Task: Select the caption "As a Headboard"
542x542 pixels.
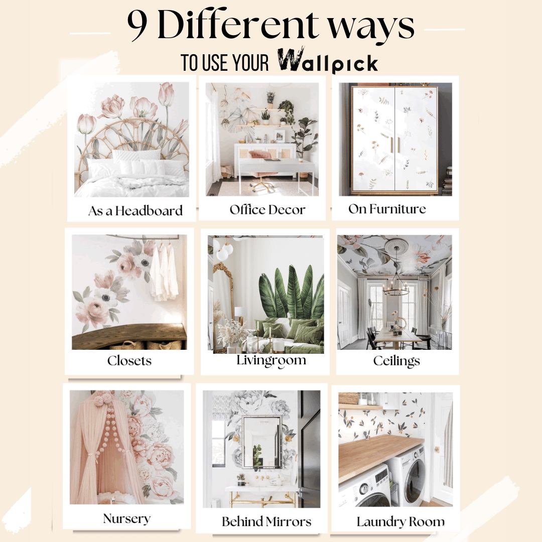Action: (x=135, y=211)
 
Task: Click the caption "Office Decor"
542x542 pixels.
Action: (x=267, y=209)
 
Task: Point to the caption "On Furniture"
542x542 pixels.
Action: (x=387, y=209)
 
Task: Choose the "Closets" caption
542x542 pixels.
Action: (x=129, y=360)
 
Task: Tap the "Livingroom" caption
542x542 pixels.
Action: (x=271, y=361)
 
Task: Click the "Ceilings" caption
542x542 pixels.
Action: (x=396, y=360)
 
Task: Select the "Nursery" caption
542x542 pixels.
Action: (x=126, y=518)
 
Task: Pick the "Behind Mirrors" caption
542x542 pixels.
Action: (x=266, y=521)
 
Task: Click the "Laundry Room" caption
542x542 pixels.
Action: (x=400, y=521)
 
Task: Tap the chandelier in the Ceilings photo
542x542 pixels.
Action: (x=396, y=287)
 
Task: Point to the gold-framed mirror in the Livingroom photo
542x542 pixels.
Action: (x=222, y=301)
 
